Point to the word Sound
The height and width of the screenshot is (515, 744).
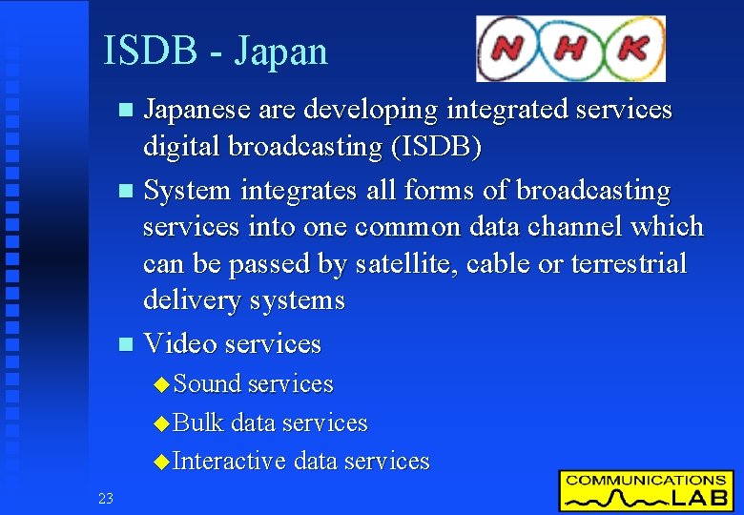pos(207,384)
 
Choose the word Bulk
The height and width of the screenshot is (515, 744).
pos(198,422)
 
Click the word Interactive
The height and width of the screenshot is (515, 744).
pos(230,462)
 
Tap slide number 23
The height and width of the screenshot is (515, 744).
pos(105,497)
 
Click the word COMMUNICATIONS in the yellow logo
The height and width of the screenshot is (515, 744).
pos(646,481)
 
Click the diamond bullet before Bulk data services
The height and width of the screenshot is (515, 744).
pos(161,423)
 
